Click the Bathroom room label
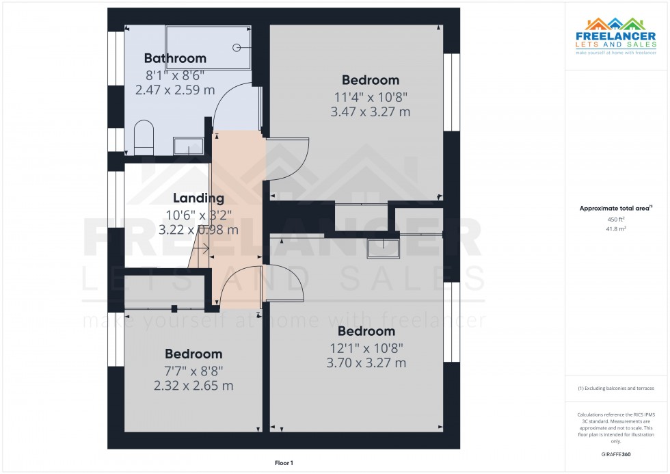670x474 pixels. coord(174,58)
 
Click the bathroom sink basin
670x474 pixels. coord(188,146)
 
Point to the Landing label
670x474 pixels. coord(198,198)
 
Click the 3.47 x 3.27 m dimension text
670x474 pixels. coord(370,111)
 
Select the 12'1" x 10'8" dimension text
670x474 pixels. coord(366,347)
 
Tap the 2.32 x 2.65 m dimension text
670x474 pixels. coord(193,386)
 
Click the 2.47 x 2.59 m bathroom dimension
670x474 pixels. coord(175,90)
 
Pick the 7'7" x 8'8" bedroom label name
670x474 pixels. coord(193,354)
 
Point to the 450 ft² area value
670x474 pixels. coord(616,219)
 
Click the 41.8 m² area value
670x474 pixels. coord(616,230)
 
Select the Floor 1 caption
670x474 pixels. coord(283,463)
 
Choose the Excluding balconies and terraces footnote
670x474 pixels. coord(616,388)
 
